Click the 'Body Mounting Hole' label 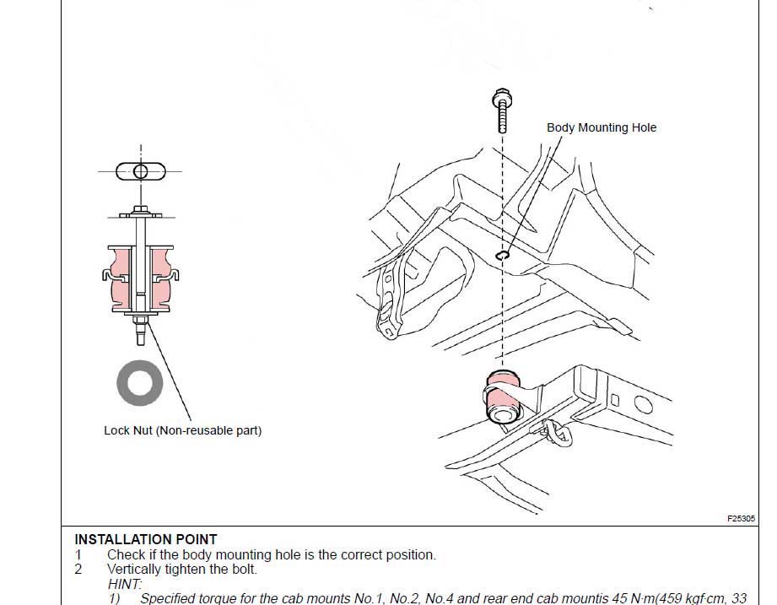point(601,127)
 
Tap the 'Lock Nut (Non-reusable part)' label point(182,430)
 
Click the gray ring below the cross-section point(140,384)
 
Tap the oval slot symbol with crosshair point(141,172)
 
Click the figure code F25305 point(740,519)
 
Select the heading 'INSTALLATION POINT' point(145,539)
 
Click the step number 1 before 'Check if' point(78,555)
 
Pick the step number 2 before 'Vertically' point(78,570)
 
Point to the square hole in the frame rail point(615,400)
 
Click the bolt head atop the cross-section point(140,210)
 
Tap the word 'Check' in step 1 point(125,555)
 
